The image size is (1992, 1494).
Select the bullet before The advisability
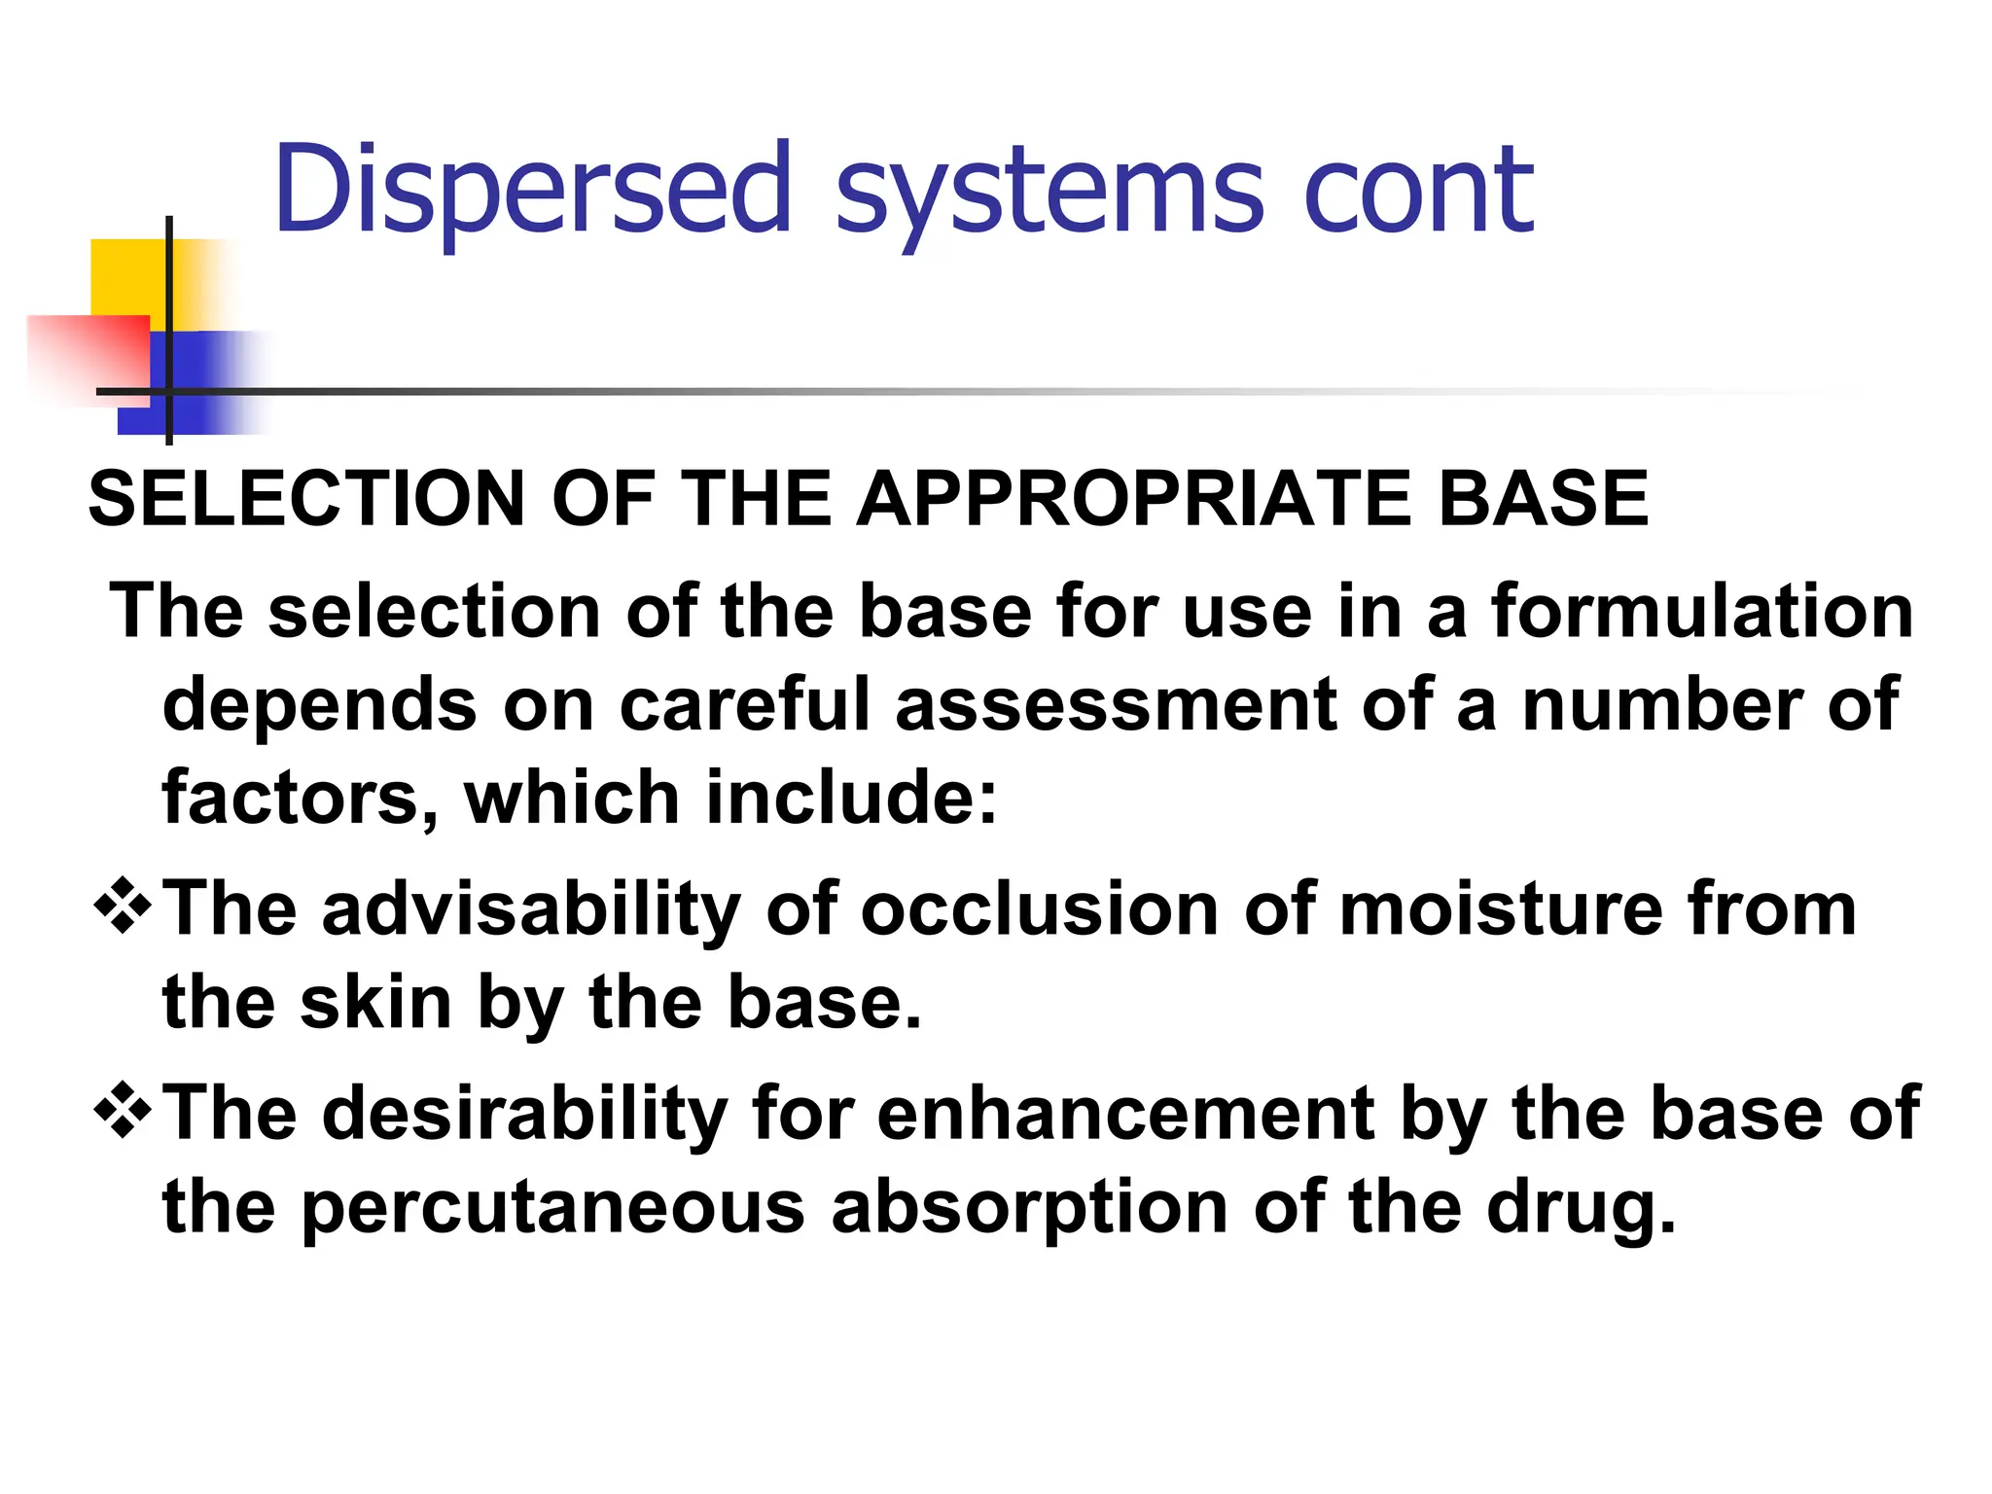point(123,907)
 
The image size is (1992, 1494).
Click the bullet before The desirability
point(123,1111)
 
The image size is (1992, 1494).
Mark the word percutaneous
point(553,1208)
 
